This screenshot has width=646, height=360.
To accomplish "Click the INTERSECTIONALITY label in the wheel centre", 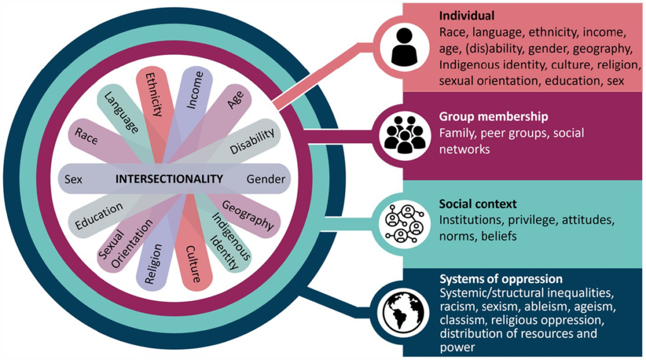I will pyautogui.click(x=169, y=179).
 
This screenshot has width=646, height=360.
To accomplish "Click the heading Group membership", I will pyautogui.click(x=484, y=117).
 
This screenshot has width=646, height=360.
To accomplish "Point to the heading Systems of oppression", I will pyautogui.click(x=500, y=279).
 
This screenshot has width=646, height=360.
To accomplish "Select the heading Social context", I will pyautogui.click(x=478, y=205).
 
